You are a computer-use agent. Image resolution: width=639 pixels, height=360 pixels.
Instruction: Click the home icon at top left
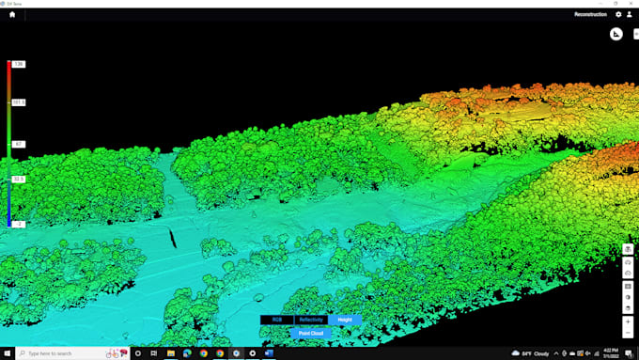pos(11,14)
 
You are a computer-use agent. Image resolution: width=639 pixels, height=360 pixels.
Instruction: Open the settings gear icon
pos(618,14)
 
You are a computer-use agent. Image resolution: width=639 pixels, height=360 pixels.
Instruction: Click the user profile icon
pos(629,14)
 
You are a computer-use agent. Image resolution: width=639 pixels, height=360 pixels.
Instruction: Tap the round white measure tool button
pos(616,35)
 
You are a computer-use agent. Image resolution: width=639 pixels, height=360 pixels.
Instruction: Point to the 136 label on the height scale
pos(19,64)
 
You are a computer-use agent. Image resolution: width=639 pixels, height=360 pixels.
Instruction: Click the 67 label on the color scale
pos(19,144)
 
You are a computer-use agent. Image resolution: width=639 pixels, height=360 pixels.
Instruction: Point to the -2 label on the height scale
pos(19,224)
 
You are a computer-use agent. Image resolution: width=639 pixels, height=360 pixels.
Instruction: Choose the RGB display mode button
pos(276,320)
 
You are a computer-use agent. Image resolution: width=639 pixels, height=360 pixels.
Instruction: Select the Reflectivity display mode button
pos(311,320)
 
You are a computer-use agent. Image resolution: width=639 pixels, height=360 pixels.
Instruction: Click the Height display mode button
pos(345,320)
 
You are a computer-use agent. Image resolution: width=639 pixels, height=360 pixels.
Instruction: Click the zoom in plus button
pos(628,321)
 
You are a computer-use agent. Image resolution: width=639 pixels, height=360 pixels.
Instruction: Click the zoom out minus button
pos(628,334)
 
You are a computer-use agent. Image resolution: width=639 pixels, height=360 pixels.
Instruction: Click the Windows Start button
pos(8,353)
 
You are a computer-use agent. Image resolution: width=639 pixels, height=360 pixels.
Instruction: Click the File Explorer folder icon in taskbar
pos(171,353)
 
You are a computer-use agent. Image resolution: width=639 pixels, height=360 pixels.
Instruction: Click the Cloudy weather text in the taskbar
pos(541,353)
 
